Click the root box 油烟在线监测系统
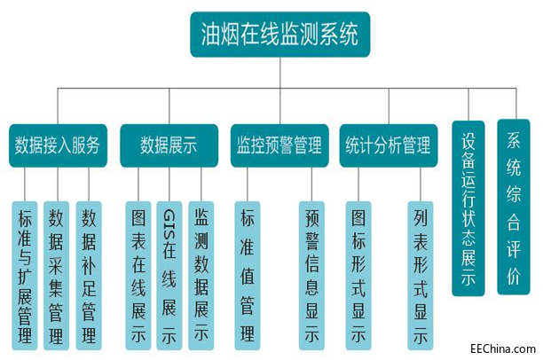coord(279,35)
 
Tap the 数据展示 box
coord(169,145)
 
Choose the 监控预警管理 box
coord(279,145)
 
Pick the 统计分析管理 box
coord(388,145)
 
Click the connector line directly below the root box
coord(279,73)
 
